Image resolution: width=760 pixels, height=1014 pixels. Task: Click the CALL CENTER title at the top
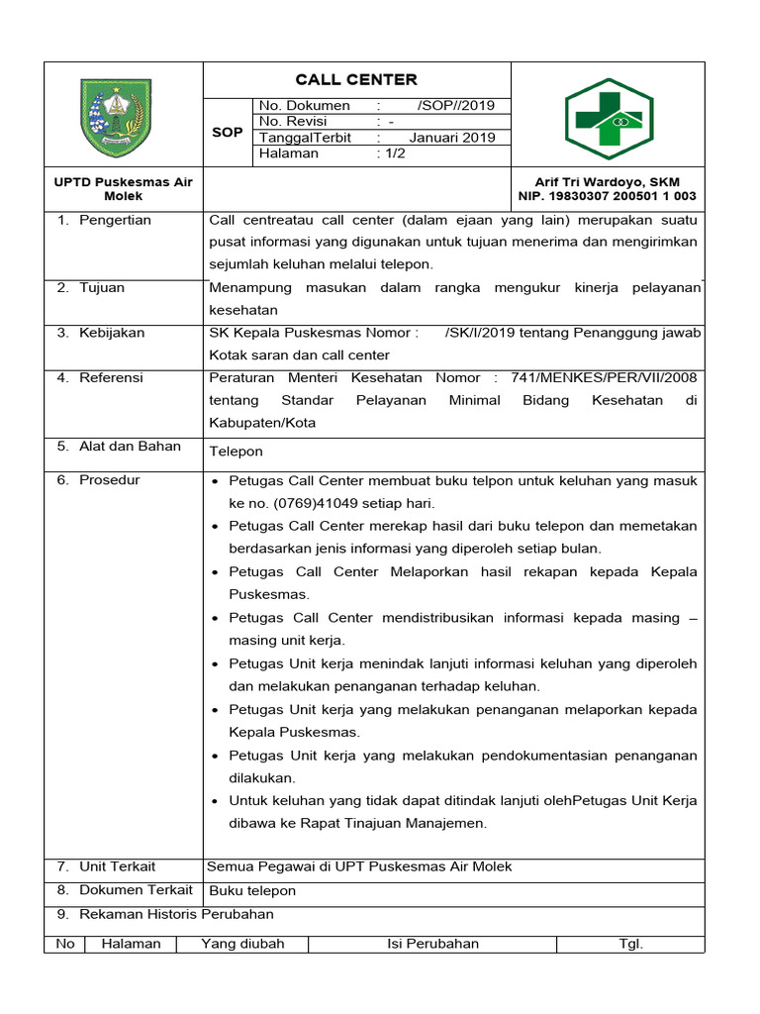pyautogui.click(x=356, y=79)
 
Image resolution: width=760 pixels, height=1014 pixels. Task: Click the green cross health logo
pyautogui.click(x=608, y=118)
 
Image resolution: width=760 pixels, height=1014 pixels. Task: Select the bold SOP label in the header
pyautogui.click(x=228, y=132)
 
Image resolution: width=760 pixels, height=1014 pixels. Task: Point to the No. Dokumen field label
pyautogui.click(x=305, y=106)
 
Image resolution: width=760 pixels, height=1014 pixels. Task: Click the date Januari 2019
pyautogui.click(x=452, y=138)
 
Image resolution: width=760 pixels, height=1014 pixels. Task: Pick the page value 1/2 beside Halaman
pyautogui.click(x=384, y=153)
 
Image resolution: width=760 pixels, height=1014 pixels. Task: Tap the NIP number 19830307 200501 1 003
pyautogui.click(x=608, y=196)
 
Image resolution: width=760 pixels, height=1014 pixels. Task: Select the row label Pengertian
pyautogui.click(x=115, y=220)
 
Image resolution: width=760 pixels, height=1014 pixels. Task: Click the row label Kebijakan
pyautogui.click(x=112, y=333)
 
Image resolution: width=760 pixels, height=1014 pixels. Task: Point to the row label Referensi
pyautogui.click(x=111, y=377)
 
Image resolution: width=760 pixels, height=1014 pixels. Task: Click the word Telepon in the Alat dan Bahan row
pyautogui.click(x=237, y=452)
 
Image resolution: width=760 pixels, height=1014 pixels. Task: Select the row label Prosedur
pyautogui.click(x=110, y=479)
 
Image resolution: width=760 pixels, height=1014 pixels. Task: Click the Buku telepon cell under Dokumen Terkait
pyautogui.click(x=252, y=890)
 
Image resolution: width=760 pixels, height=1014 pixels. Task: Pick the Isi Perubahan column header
pyautogui.click(x=432, y=944)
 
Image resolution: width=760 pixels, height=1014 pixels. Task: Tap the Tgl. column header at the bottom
pyautogui.click(x=631, y=944)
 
